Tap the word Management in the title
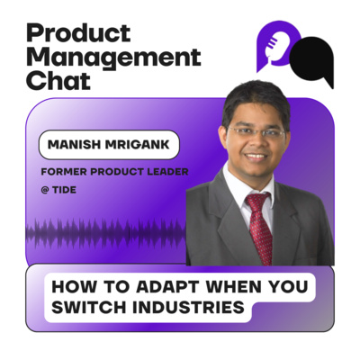coord(113,58)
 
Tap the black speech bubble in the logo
coord(313,60)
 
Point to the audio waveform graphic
coord(99,231)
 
